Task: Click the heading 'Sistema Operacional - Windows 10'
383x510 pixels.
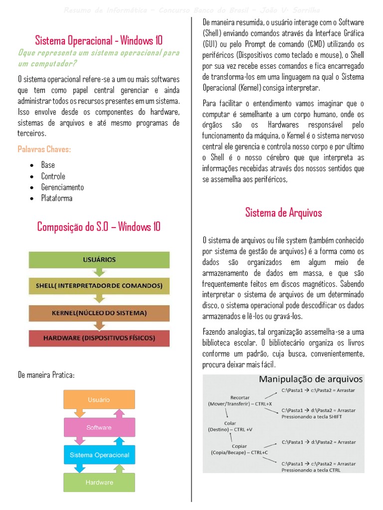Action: point(99,40)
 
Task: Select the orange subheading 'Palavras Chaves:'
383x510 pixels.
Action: point(44,149)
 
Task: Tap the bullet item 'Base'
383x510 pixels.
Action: point(48,165)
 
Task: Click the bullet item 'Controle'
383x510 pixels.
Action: point(53,176)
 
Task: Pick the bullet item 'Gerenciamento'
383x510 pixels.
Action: point(62,187)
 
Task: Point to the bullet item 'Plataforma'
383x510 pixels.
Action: point(56,198)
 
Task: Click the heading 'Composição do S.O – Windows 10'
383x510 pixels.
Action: point(99,227)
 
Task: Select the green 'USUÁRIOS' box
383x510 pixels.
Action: point(99,259)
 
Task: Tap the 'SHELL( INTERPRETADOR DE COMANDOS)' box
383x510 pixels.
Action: point(99,286)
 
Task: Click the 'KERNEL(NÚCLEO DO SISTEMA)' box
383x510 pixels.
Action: point(99,313)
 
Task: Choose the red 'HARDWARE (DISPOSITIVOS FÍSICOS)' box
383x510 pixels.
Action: point(99,338)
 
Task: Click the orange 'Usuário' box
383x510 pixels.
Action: point(99,400)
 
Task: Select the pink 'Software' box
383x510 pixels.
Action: point(99,427)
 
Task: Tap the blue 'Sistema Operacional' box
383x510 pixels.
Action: point(99,455)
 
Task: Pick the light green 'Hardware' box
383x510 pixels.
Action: point(99,482)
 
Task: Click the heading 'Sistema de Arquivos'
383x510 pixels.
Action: point(283,213)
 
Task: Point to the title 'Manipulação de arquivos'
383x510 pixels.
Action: point(311,380)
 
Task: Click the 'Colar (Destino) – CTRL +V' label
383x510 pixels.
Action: point(230,426)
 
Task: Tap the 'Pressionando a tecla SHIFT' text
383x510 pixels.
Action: point(312,417)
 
